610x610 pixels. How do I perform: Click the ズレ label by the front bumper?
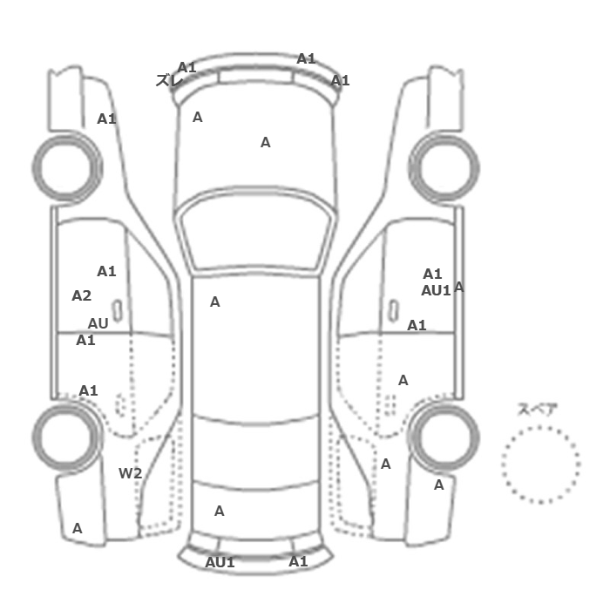tap(169, 80)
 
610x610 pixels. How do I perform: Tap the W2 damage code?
tap(131, 473)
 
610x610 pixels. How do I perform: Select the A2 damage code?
tap(82, 296)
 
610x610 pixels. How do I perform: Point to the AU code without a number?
tap(98, 323)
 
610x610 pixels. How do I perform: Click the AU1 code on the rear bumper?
tap(220, 563)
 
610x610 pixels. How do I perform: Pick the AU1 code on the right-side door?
tap(436, 290)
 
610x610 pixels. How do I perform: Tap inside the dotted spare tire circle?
tap(541, 464)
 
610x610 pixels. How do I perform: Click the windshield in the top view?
tap(255, 229)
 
